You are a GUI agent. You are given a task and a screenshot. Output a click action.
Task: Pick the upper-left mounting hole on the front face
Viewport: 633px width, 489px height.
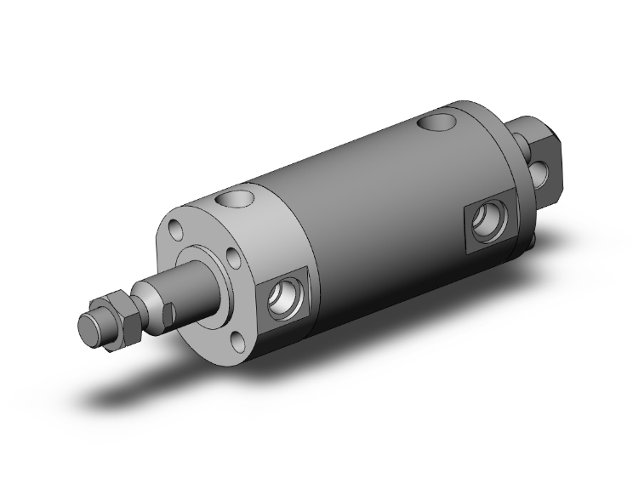pyautogui.click(x=175, y=230)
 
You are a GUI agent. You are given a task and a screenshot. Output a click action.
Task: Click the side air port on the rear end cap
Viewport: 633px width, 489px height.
pyautogui.click(x=492, y=222)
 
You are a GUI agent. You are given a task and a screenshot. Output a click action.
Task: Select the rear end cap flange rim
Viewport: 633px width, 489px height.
pyautogui.click(x=510, y=170)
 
